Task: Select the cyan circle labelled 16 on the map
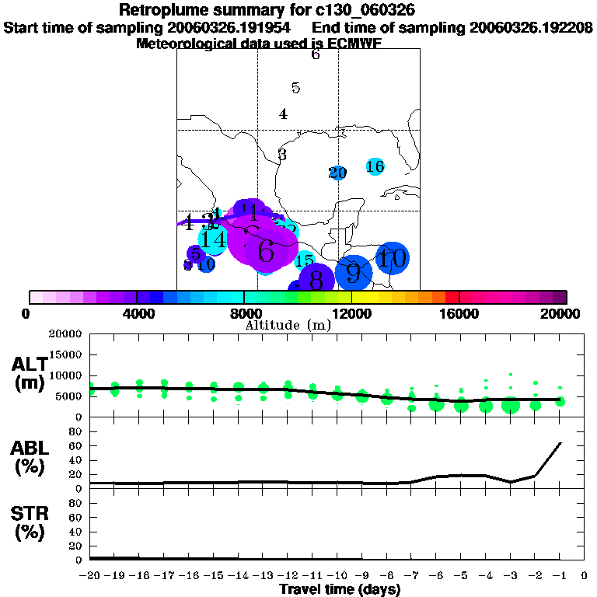click(375, 166)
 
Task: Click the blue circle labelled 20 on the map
click(337, 173)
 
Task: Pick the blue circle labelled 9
click(354, 272)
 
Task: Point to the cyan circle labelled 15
click(304, 261)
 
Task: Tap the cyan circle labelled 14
click(213, 239)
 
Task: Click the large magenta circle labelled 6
click(266, 250)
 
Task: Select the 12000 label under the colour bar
click(353, 313)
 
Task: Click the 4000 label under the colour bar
click(137, 313)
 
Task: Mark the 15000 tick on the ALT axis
click(70, 354)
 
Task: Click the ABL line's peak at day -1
click(560, 443)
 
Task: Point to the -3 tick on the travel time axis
click(510, 576)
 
